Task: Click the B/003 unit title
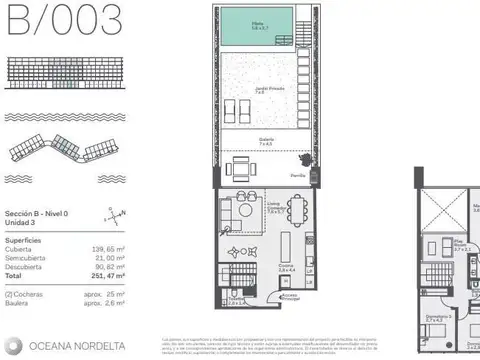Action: pos(64,19)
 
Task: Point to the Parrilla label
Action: pos(297,176)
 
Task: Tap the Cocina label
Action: pos(286,268)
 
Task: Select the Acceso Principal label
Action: pos(290,297)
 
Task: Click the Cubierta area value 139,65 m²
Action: pos(106,249)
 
